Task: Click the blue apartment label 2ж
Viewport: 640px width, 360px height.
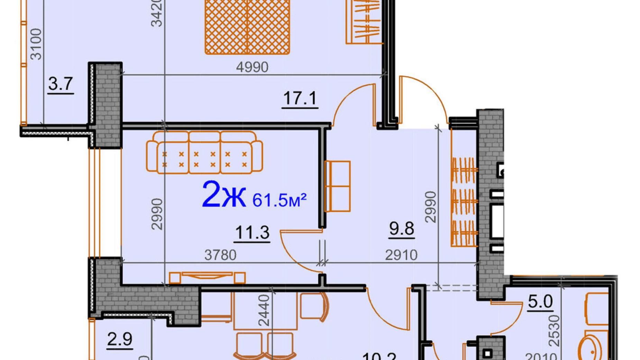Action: (x=223, y=195)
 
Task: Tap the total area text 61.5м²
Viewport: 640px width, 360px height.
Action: (x=279, y=200)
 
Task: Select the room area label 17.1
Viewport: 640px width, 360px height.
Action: (x=300, y=98)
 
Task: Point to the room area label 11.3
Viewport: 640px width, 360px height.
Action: (x=252, y=232)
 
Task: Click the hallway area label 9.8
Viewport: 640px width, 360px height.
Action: (x=401, y=228)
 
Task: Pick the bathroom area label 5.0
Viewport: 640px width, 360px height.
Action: (x=540, y=301)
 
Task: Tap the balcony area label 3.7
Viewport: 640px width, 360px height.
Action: (x=61, y=84)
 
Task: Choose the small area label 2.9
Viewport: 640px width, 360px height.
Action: (x=120, y=339)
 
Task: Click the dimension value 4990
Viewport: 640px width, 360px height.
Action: (x=252, y=67)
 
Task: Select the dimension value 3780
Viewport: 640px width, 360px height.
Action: (x=220, y=255)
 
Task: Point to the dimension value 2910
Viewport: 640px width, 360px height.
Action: (x=401, y=255)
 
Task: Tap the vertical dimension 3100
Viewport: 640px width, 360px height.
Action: (x=36, y=44)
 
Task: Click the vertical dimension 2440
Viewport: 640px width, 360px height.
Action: (x=264, y=310)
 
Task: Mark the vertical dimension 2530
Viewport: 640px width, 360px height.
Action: (x=554, y=331)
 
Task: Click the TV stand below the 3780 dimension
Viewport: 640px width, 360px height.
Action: (x=207, y=277)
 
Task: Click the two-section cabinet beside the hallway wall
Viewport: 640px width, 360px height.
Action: (x=338, y=186)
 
